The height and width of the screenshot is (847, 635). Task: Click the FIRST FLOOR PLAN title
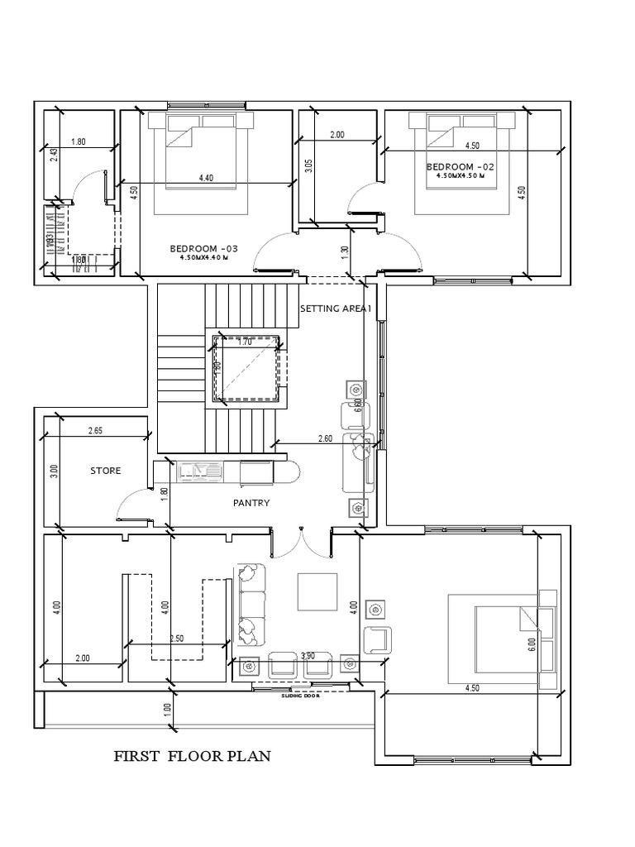pos(191,756)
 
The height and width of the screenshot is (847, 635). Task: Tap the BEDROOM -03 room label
pos(203,249)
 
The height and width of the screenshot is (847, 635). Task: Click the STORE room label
pos(105,471)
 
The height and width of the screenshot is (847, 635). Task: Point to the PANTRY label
pos(251,502)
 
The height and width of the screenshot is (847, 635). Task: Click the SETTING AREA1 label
pos(336,309)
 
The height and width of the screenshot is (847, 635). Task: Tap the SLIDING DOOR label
pos(299,696)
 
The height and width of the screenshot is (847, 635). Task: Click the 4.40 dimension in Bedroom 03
pos(206,178)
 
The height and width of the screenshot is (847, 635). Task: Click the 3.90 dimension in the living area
pos(308,656)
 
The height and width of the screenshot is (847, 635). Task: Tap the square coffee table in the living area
pos(317,591)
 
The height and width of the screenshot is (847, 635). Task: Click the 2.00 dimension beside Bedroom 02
pos(337,135)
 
